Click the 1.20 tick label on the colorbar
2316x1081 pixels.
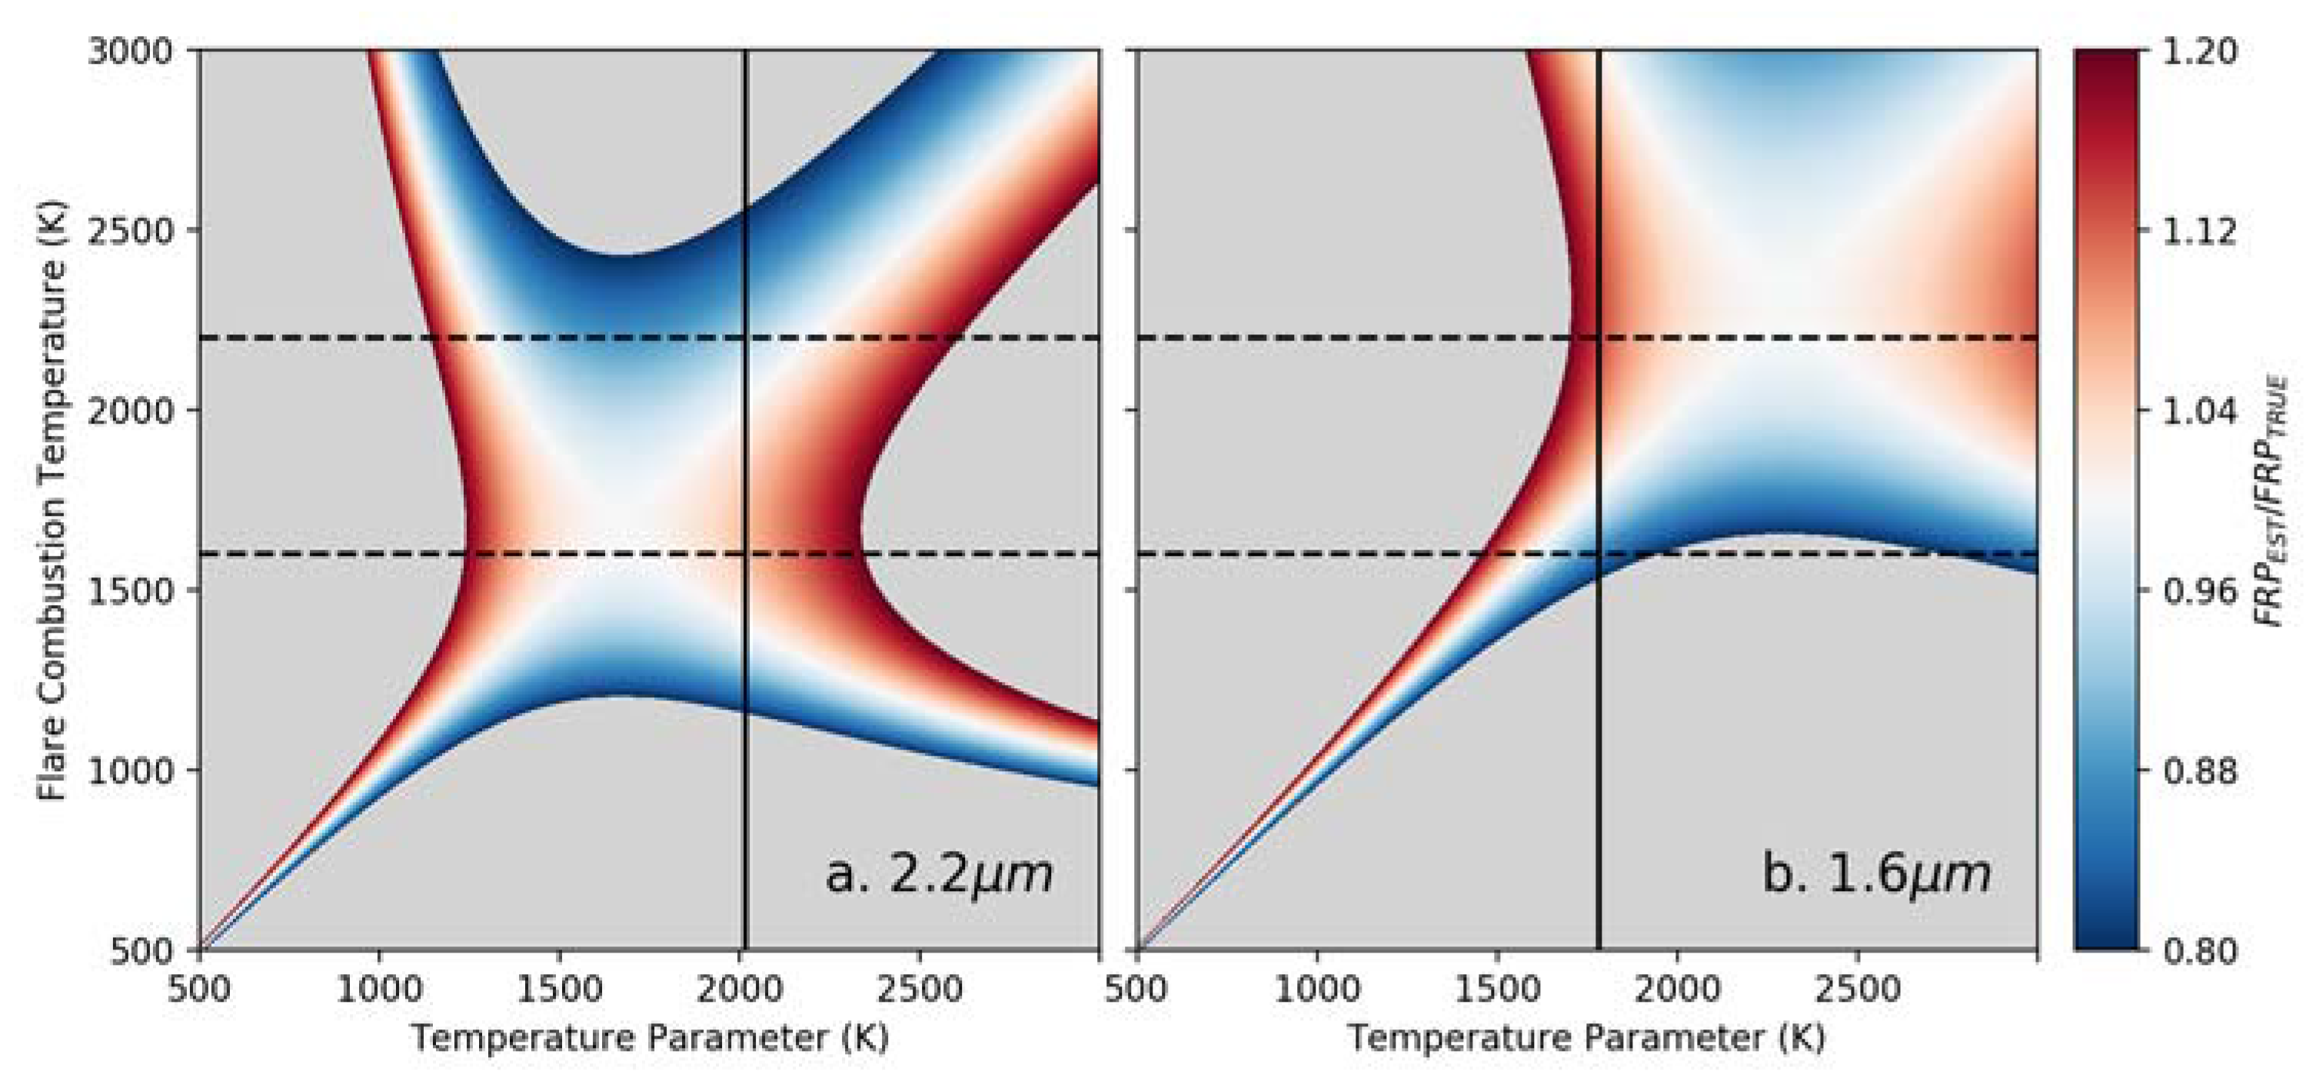pyautogui.click(x=2199, y=52)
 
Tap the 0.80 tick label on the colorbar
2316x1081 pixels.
pyautogui.click(x=2199, y=950)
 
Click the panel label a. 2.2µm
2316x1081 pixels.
pyautogui.click(x=939, y=874)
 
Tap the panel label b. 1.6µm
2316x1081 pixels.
pyautogui.click(x=1876, y=874)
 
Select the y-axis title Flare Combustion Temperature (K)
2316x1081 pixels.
pyautogui.click(x=54, y=501)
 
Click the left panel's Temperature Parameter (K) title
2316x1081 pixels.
pyautogui.click(x=649, y=1038)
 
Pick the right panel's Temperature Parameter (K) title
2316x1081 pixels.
pyautogui.click(x=1586, y=1038)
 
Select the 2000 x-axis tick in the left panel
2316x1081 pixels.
pyautogui.click(x=739, y=990)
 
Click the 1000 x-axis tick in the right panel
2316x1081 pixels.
pyautogui.click(x=1317, y=990)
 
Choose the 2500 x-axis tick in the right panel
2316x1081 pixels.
pyautogui.click(x=1858, y=990)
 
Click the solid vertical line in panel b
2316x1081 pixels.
pyautogui.click(x=1599, y=764)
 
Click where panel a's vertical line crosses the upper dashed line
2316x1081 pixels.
pyautogui.click(x=745, y=338)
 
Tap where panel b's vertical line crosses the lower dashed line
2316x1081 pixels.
pyautogui.click(x=1599, y=554)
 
